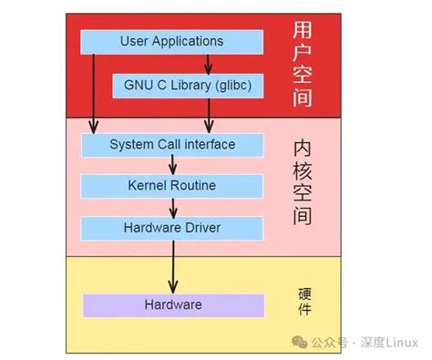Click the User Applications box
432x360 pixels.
[171, 41]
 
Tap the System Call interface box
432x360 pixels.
[171, 144]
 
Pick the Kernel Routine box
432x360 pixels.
[171, 186]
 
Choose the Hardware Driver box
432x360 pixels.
[171, 226]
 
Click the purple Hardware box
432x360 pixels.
[171, 304]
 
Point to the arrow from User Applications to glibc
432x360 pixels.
[209, 63]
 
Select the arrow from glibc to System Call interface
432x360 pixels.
[209, 115]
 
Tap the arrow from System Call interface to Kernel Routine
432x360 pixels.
[172, 165]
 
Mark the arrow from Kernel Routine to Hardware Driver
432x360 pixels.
[172, 206]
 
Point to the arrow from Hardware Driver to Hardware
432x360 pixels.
[172, 265]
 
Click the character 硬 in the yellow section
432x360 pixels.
[304, 293]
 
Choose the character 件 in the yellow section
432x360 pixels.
[304, 311]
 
